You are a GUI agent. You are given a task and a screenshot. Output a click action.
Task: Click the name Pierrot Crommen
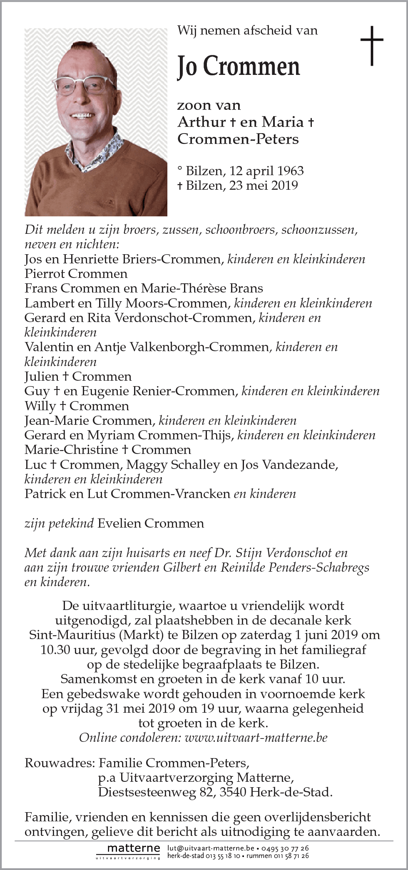coord(76,274)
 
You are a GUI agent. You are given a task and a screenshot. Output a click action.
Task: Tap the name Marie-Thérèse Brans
coord(202,288)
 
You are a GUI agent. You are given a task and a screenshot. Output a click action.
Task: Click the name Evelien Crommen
coord(151,523)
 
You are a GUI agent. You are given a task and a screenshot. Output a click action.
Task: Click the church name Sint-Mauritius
coord(74,635)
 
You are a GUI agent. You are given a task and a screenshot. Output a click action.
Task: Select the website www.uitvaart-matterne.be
coord(256,738)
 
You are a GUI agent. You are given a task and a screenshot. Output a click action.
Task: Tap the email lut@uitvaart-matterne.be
coord(211,848)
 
